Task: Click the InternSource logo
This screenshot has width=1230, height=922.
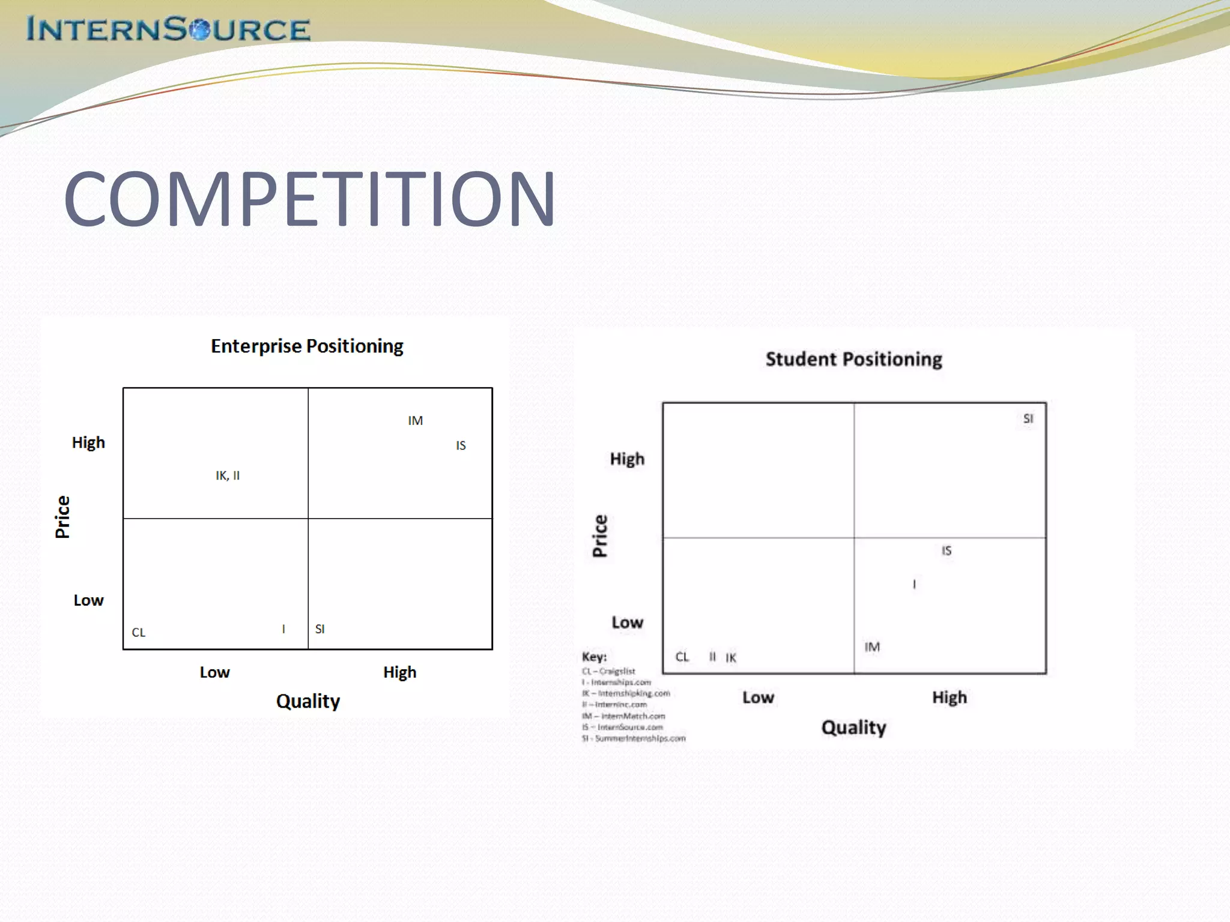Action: click(168, 29)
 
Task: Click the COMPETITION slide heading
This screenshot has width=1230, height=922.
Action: click(309, 199)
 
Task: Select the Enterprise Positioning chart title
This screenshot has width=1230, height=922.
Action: click(307, 346)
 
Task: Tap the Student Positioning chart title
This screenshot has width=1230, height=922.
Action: click(853, 359)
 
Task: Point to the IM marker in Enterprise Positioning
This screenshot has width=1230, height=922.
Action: click(415, 421)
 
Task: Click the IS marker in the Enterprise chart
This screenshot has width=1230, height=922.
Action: click(461, 445)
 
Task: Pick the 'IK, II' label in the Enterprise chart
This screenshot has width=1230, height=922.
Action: click(228, 475)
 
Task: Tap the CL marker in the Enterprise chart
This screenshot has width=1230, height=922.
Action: click(139, 632)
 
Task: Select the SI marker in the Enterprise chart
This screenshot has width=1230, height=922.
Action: click(320, 629)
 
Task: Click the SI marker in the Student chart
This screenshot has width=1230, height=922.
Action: click(1028, 418)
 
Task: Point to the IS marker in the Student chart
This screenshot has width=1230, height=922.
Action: click(946, 550)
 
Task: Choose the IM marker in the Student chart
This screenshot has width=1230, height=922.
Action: click(872, 646)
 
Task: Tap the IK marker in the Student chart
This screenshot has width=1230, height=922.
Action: click(730, 657)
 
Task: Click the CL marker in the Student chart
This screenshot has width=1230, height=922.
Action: click(682, 657)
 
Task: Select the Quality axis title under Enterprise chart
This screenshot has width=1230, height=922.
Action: click(308, 701)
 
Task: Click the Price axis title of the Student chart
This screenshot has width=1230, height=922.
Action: click(600, 535)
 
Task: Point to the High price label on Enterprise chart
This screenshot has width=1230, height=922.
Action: click(88, 442)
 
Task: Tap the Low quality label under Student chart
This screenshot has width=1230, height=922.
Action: click(758, 697)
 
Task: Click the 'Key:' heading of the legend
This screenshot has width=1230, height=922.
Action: click(594, 656)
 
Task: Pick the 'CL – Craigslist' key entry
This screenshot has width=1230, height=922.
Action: click(608, 671)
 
